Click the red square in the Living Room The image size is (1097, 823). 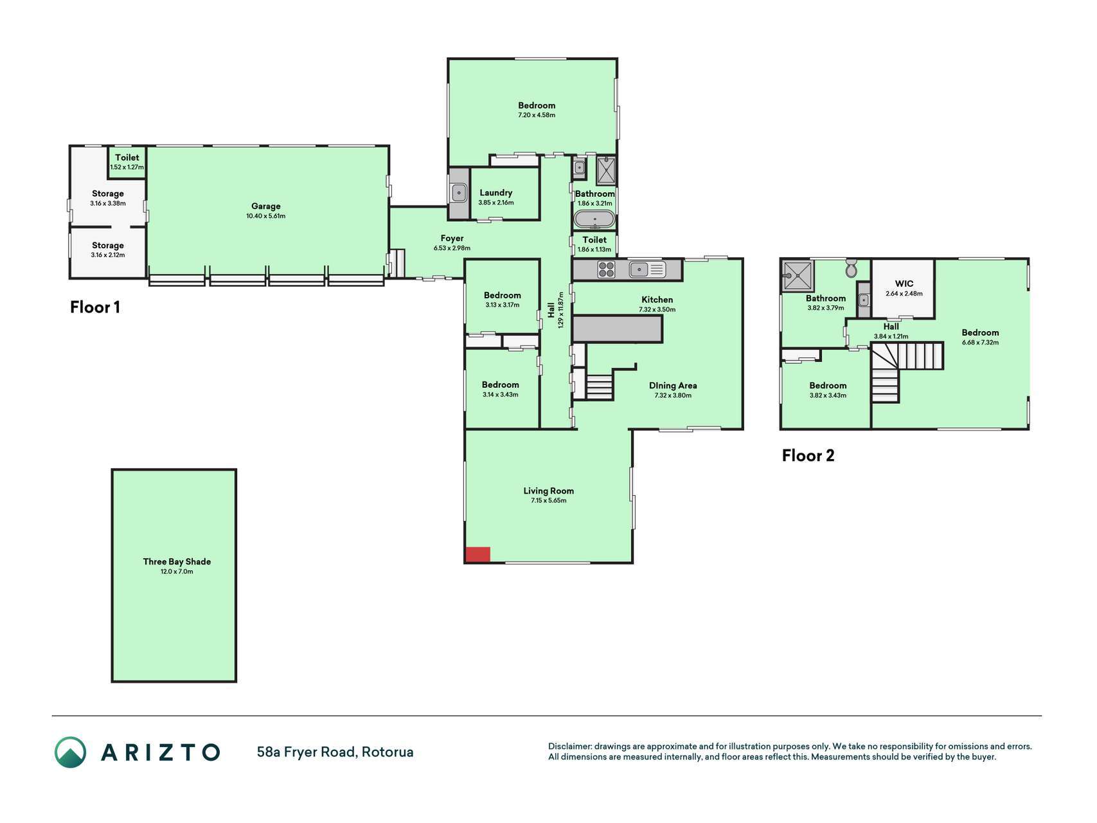(477, 554)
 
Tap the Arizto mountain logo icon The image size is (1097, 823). (70, 752)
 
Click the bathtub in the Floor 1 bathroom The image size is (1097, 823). (594, 219)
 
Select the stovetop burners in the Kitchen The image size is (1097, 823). (606, 269)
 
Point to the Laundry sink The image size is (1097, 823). (459, 192)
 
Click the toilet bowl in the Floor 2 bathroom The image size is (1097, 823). (852, 269)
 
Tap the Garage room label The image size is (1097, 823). (266, 206)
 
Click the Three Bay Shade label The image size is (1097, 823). (177, 561)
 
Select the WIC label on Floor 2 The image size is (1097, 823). (904, 284)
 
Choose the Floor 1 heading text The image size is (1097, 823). (95, 307)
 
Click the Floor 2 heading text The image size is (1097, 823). (808, 455)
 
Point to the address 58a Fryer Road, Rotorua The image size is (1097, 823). (335, 752)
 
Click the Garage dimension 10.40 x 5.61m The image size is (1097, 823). (266, 216)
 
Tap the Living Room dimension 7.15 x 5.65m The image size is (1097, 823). (549, 500)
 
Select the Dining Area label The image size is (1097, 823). (673, 386)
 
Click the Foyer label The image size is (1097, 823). (452, 239)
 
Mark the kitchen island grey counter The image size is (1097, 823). (617, 329)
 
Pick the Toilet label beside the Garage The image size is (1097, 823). (127, 158)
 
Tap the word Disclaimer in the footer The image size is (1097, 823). (569, 746)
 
